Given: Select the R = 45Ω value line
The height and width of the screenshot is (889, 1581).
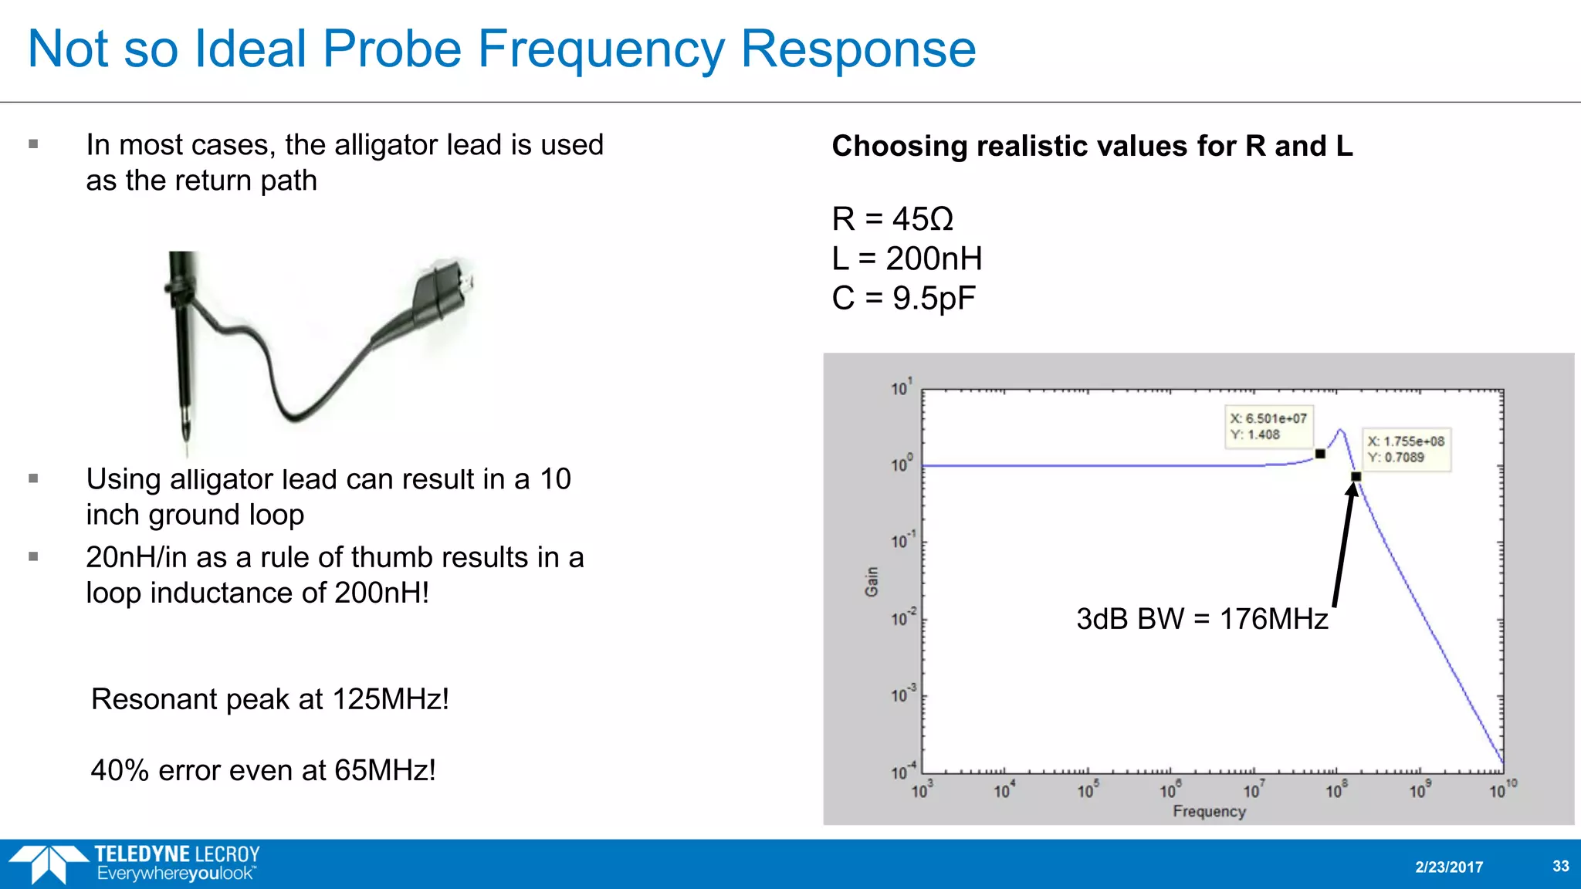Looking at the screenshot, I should point(892,219).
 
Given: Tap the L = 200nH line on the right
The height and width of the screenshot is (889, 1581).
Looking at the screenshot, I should point(906,259).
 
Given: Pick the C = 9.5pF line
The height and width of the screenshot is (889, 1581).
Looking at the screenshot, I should point(903,298).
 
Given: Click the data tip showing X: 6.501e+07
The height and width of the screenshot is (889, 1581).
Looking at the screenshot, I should point(1268,426).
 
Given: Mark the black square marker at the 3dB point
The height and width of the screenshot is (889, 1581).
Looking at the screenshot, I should point(1356,477).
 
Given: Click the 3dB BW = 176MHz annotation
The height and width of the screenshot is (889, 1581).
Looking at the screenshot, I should point(1201,619).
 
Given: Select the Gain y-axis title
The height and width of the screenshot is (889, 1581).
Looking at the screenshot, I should point(872,581).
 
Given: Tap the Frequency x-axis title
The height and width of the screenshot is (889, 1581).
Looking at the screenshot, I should point(1209,811).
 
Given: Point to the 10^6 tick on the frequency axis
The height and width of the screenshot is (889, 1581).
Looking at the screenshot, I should point(1169,790).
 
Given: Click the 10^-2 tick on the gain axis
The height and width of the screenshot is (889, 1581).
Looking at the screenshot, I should point(902,618).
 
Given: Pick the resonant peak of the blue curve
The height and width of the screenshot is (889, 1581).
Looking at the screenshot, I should point(1341,431).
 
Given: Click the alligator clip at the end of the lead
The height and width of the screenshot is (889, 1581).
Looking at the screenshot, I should point(442,289).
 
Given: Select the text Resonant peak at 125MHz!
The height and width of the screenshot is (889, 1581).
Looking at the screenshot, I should point(269,699).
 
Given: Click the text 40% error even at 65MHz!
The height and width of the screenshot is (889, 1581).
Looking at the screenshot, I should point(263,770).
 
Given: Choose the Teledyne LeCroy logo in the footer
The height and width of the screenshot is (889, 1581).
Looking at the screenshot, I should point(135,864).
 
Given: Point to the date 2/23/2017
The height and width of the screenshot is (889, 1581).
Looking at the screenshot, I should point(1448,867).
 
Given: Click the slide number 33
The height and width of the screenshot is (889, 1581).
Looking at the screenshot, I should point(1560,866).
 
